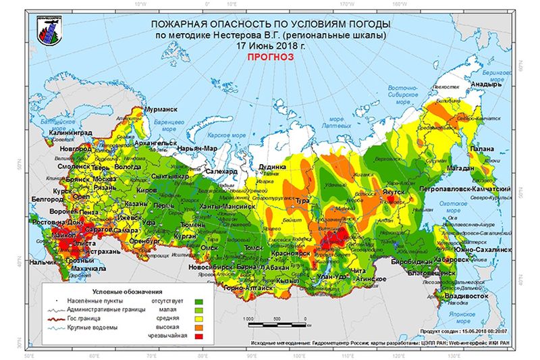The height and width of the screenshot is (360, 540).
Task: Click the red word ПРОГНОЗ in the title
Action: click(269, 58)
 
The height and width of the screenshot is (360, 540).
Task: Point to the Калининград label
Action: click(51, 134)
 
